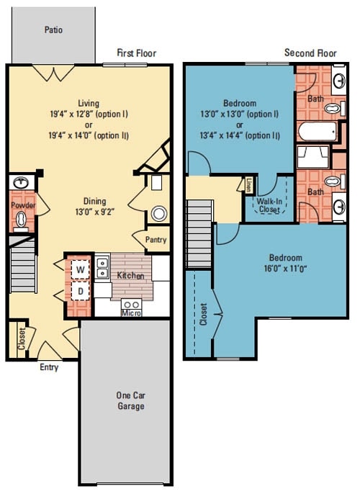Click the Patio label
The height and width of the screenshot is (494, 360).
(53, 30)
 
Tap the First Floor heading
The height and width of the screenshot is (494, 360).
(137, 53)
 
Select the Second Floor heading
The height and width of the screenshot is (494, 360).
(310, 53)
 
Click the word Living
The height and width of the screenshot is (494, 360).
(89, 104)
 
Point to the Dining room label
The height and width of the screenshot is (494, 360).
(89, 201)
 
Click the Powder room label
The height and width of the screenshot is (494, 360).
(22, 205)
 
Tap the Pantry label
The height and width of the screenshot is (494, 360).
(156, 240)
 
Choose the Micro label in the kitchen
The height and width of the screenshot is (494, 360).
(131, 312)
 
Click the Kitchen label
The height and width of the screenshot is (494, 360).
(130, 276)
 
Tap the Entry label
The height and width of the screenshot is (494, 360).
(49, 367)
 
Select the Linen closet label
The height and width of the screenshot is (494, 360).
(249, 185)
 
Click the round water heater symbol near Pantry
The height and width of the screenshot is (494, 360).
(158, 213)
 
